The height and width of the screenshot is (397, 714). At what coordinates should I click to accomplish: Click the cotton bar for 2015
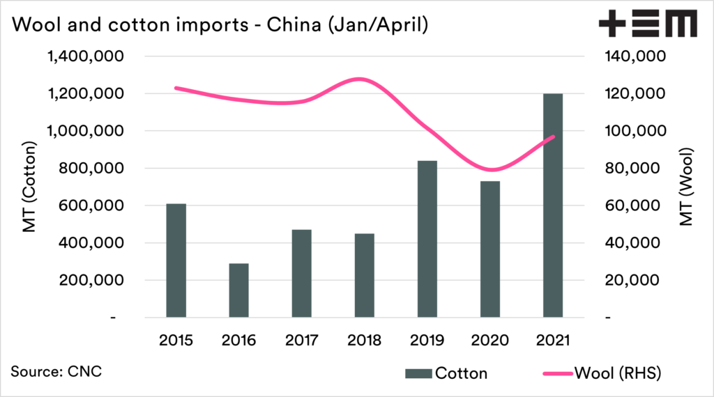point(176,260)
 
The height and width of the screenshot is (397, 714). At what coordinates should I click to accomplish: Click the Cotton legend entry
point(446,373)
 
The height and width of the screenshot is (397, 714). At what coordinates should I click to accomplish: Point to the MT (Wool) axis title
point(686,187)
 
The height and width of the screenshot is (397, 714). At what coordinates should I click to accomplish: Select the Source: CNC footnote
point(56,371)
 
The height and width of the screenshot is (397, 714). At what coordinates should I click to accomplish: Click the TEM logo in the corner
point(648,24)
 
